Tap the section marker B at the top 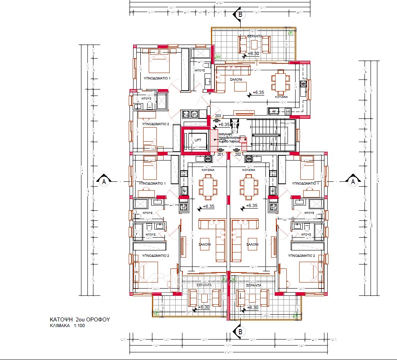coord(240,14)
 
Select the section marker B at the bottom coord(240,331)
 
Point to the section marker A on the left coord(104,181)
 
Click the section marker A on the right coord(353,181)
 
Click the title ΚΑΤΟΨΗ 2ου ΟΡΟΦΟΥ coord(80,319)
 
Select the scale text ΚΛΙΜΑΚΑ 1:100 coord(67,326)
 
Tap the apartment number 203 coord(218,116)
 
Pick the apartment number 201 coord(220,154)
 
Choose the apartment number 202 coord(238,154)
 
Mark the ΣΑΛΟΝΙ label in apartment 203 coord(236,79)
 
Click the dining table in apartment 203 coord(280,81)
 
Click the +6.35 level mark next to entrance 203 coord(225,124)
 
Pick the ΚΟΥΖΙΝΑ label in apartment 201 coord(209,170)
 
